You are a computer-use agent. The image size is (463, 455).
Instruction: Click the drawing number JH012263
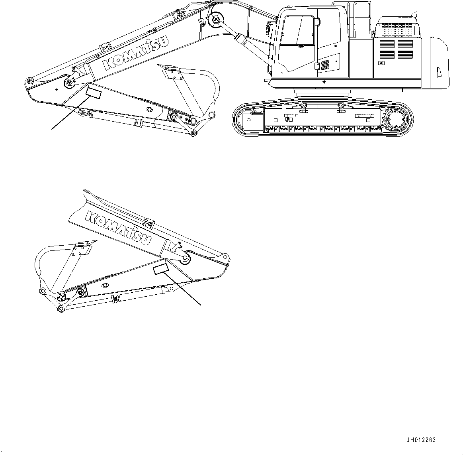click(421, 440)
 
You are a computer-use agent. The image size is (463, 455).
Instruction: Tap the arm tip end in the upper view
click(28, 82)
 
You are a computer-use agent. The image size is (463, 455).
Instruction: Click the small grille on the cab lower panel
click(326, 64)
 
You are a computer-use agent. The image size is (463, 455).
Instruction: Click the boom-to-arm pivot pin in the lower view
click(185, 260)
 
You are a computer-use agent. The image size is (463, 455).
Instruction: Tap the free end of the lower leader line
click(200, 305)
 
